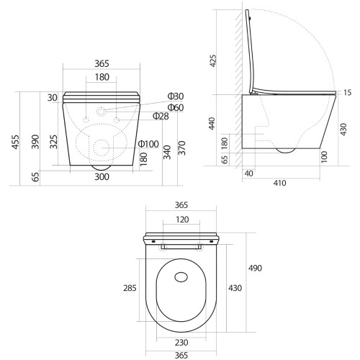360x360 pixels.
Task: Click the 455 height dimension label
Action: point(15,142)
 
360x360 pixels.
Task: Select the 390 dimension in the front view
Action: point(35,142)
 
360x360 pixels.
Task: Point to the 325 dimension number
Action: point(54,142)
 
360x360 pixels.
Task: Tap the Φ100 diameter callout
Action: point(148,144)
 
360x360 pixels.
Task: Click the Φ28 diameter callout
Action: point(161,116)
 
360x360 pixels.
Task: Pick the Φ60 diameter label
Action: point(176,107)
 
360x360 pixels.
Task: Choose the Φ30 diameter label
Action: point(176,96)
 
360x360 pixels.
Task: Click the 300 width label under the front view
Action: point(102,177)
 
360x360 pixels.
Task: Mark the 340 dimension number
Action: point(167,152)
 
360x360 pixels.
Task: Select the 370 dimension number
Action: point(182,148)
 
